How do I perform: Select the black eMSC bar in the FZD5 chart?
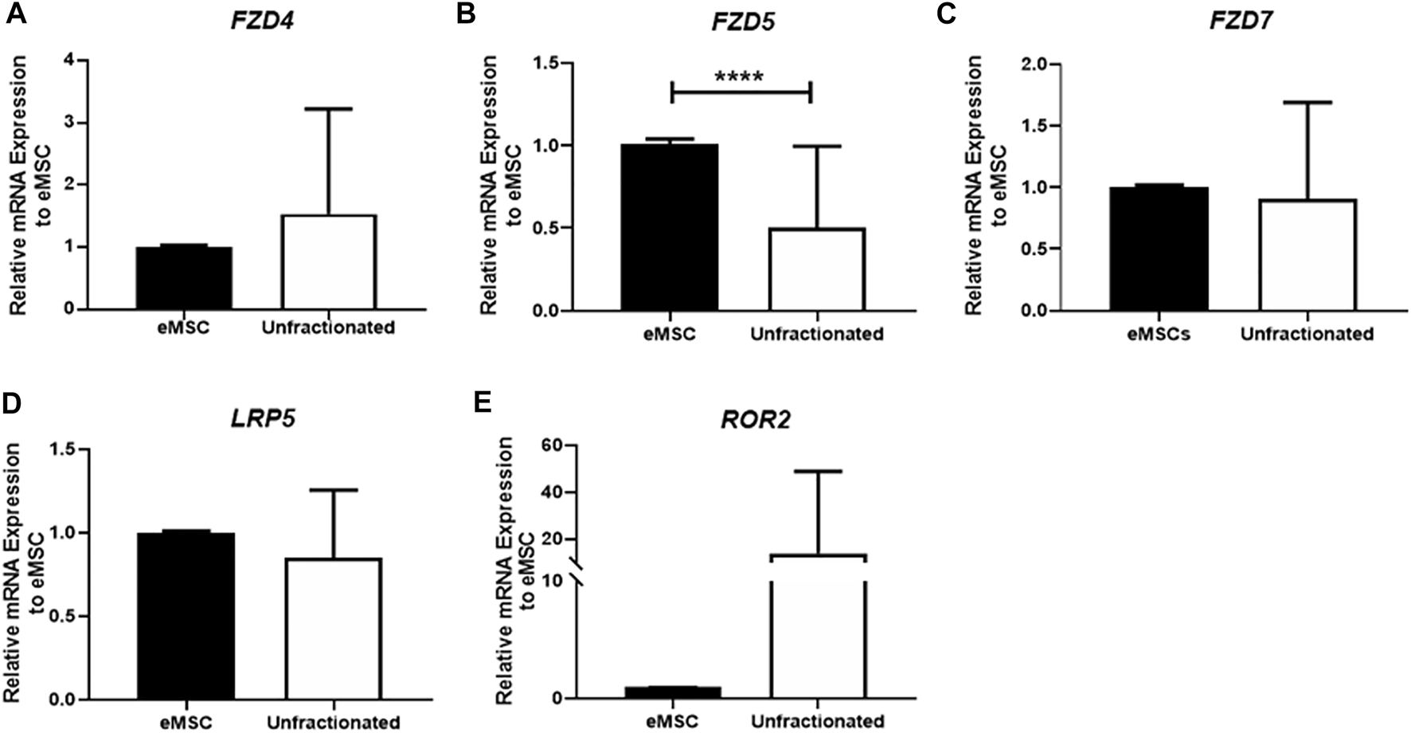[x=670, y=227]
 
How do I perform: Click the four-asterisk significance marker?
[x=740, y=77]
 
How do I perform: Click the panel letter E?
[x=483, y=402]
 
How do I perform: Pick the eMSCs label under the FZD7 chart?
[x=1159, y=333]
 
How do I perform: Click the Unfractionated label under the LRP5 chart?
[x=333, y=723]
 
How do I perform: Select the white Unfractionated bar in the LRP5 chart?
[x=333, y=629]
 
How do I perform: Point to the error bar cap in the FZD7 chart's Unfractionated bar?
[x=1307, y=102]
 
